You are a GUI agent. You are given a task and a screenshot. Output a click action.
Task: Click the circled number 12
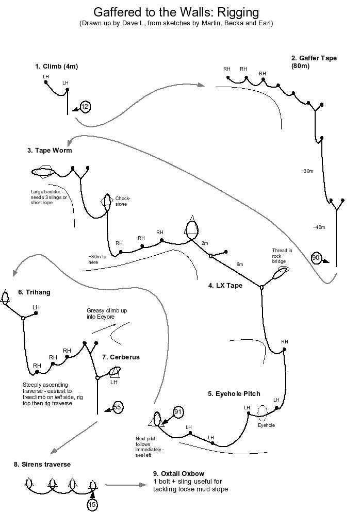tap(85, 107)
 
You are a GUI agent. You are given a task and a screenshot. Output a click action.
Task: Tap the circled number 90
tap(316, 257)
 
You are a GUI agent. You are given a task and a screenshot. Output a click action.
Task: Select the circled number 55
tap(118, 407)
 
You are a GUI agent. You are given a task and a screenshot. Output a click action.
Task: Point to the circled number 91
tap(178, 411)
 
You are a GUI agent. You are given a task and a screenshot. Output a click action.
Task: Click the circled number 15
tap(92, 505)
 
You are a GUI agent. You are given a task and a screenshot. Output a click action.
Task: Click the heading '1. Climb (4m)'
tap(57, 67)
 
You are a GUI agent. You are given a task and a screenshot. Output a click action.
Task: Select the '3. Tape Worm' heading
tap(50, 151)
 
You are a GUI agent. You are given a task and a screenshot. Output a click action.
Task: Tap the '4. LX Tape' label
tap(225, 285)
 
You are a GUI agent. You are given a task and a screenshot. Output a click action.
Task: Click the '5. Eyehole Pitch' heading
tap(234, 393)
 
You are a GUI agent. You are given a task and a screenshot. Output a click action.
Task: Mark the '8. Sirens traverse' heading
tap(42, 465)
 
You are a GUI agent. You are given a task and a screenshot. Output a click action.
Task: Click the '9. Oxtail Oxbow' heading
tap(179, 473)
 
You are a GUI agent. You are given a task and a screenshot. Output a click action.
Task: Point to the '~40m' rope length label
tap(319, 227)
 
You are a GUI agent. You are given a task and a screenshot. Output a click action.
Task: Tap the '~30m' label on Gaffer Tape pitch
tap(306, 171)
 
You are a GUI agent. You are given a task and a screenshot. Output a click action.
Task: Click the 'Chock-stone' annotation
tap(123, 201)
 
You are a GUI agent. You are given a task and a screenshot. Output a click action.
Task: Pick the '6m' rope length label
tap(239, 264)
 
